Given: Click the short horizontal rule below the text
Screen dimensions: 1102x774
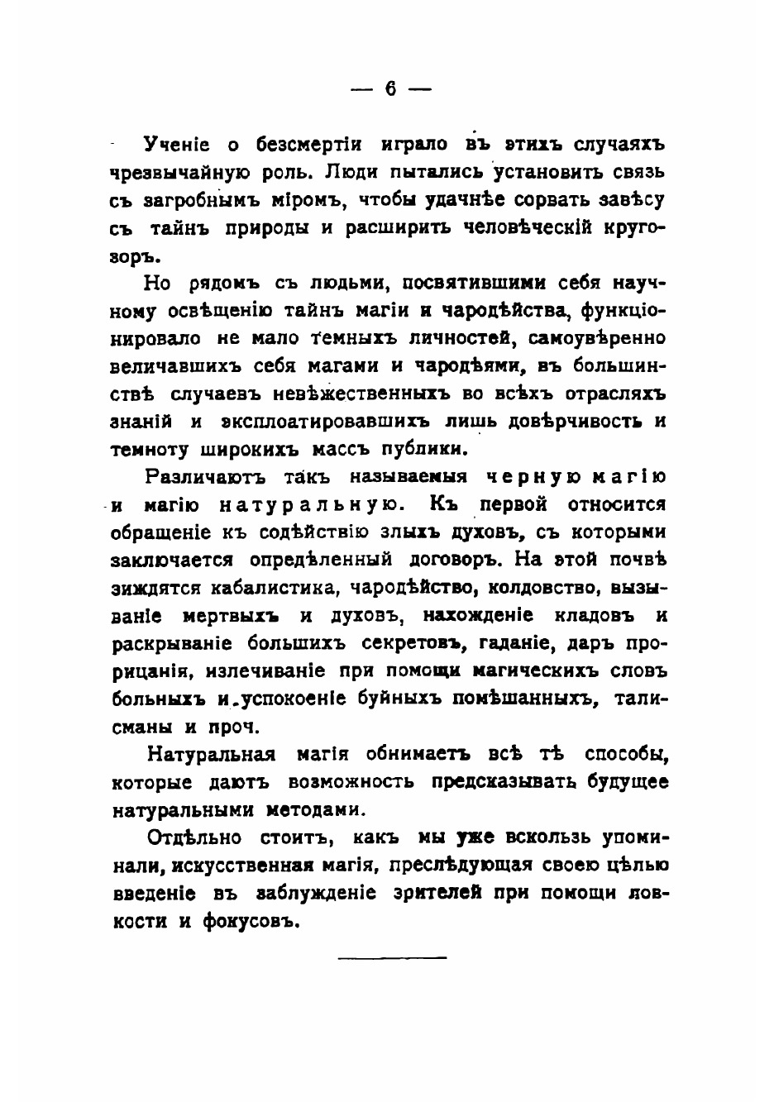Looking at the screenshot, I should [391, 957].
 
